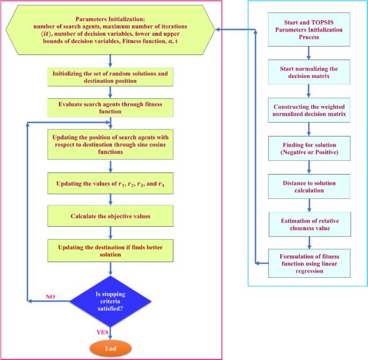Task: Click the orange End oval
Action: point(110,348)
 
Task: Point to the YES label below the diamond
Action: point(102,332)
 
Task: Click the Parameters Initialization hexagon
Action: point(110,30)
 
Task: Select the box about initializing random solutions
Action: point(110,77)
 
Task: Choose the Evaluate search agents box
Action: point(110,107)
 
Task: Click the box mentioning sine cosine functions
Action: point(110,143)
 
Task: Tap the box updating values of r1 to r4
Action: point(110,184)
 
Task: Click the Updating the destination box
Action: point(110,250)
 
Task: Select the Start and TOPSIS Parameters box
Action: point(308,30)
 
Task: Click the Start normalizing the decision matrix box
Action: point(308,73)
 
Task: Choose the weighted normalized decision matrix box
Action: point(308,111)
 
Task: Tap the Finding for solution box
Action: point(308,149)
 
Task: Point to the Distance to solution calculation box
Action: point(308,186)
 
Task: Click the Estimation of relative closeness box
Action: point(308,224)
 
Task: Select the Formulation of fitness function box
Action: point(308,263)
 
